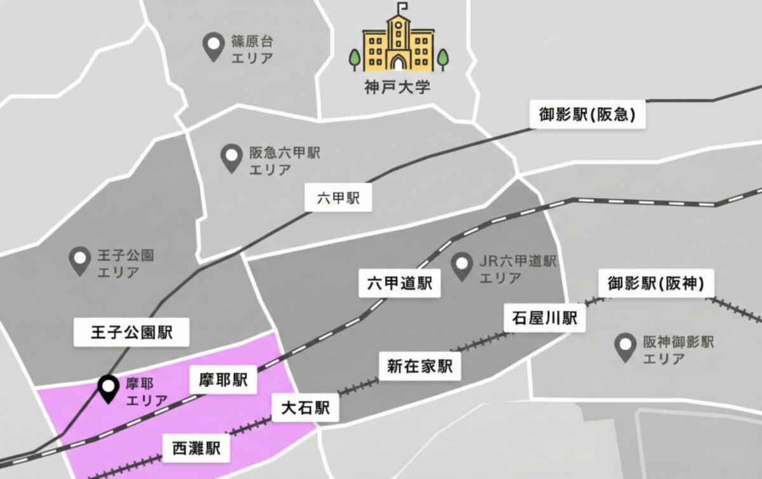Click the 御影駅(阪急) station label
(587, 115)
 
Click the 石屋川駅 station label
(544, 317)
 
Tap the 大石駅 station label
(305, 407)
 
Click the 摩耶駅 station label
(222, 381)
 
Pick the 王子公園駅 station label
(131, 332)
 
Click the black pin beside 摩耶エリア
(109, 388)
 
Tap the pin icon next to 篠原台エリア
(211, 47)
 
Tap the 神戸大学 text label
(393, 86)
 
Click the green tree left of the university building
(354, 59)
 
